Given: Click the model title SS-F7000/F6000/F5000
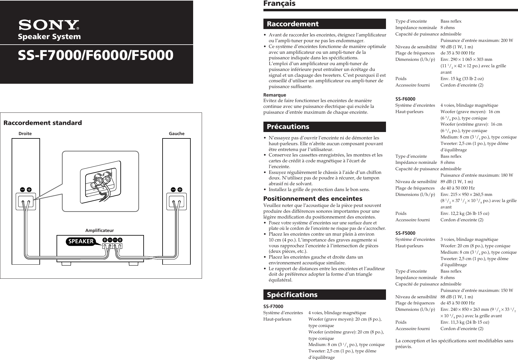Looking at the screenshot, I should click(x=96, y=56).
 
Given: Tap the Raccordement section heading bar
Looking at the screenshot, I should click(x=325, y=24).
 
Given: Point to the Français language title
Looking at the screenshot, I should click(x=279, y=4).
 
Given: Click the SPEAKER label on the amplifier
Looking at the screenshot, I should click(x=81, y=241).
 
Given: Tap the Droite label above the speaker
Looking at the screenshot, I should click(x=25, y=134).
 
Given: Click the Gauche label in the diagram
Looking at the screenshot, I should click(x=177, y=134).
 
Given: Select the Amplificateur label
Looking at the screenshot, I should click(x=100, y=230).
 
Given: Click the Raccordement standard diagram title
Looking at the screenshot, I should click(x=42, y=123).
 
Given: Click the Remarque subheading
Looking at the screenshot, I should click(x=275, y=95).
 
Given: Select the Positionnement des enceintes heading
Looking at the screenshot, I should click(x=313, y=199).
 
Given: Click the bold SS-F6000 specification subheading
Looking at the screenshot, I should click(x=405, y=99).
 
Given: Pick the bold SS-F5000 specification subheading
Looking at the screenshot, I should click(x=405, y=233).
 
